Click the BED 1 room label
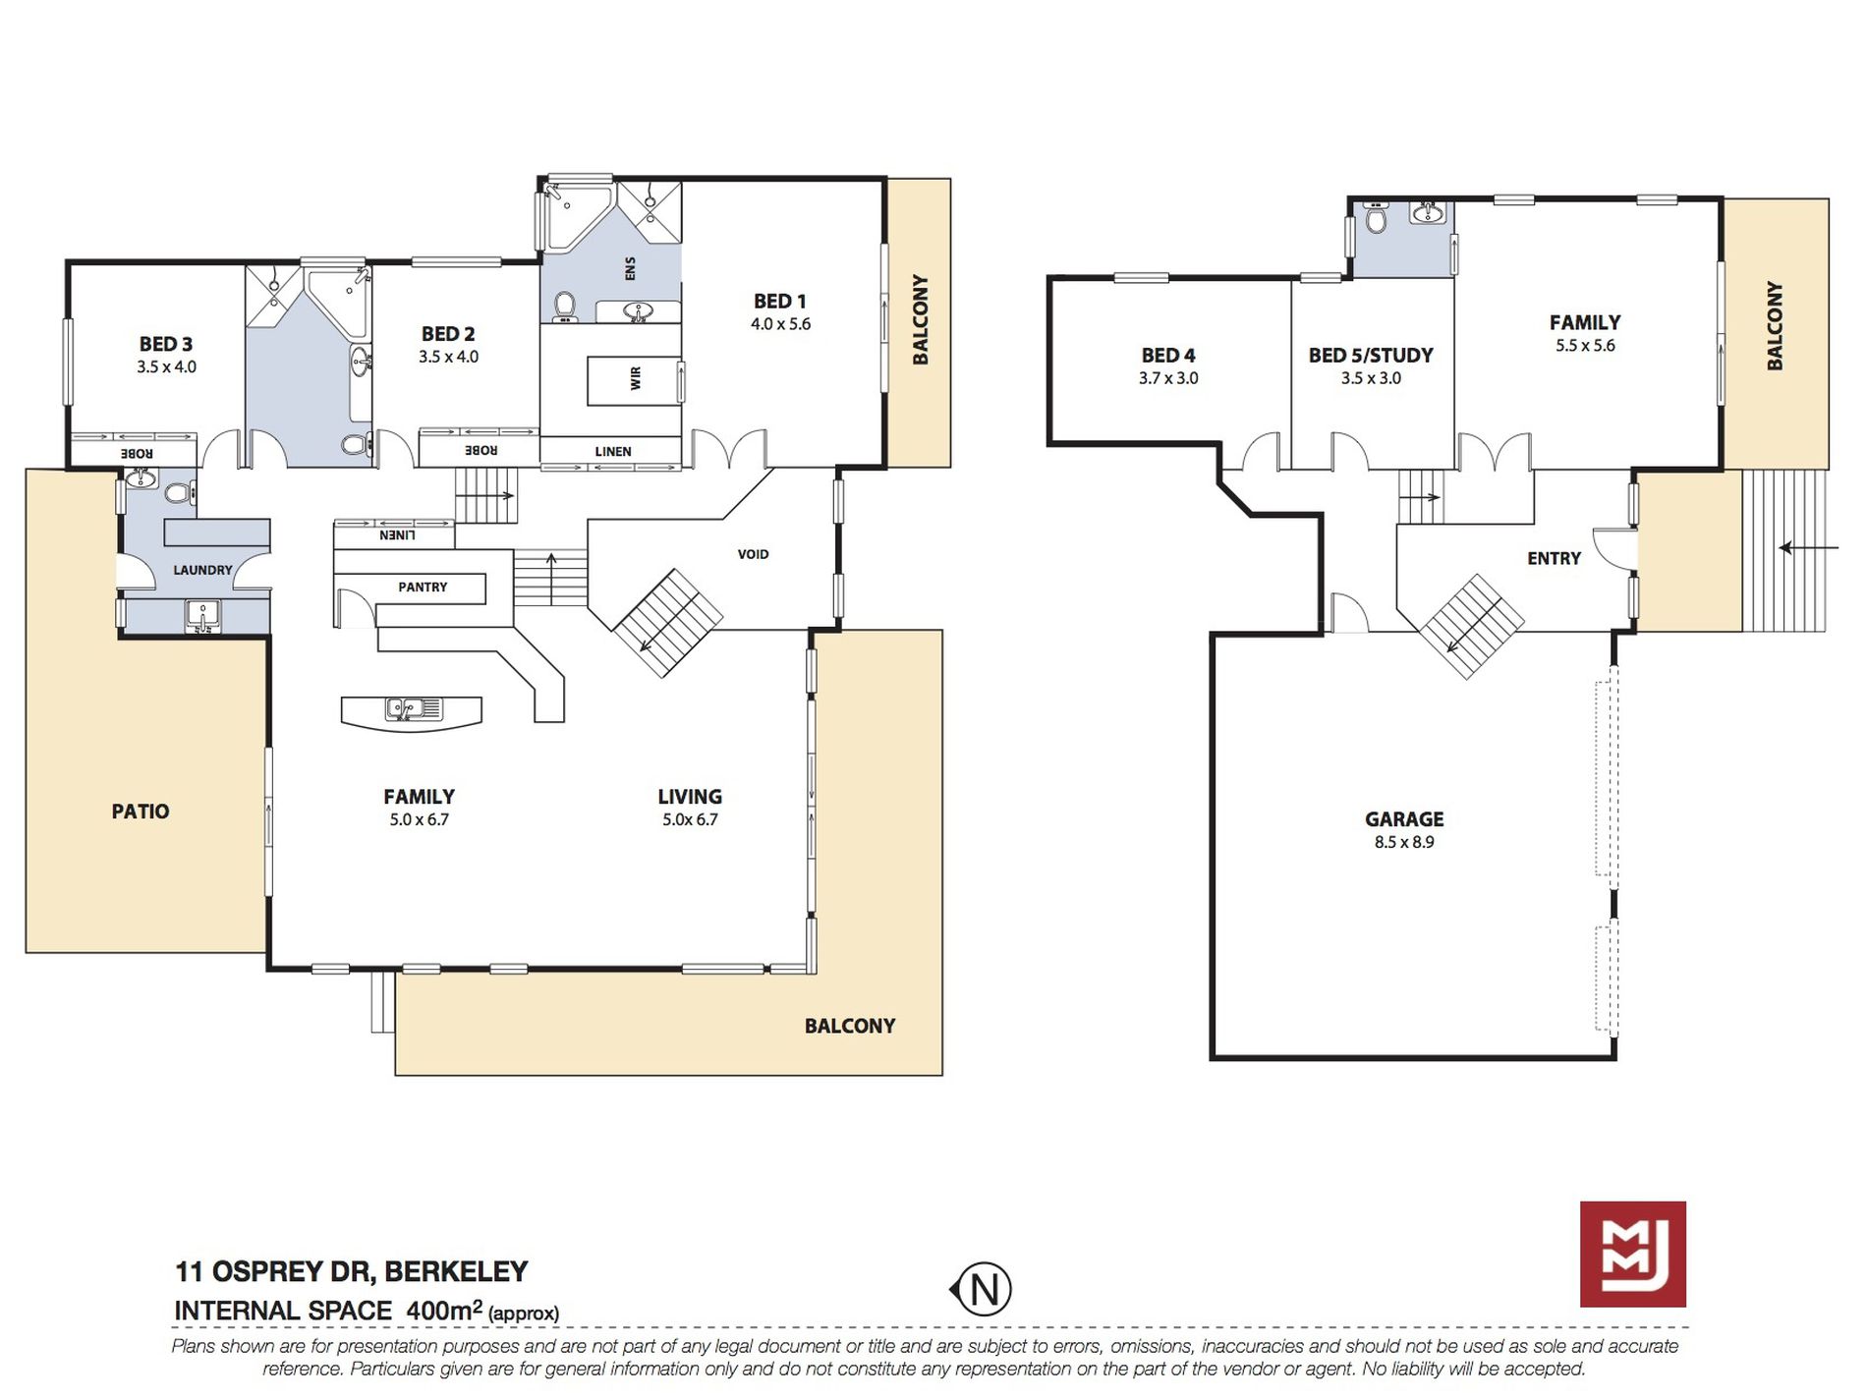[x=780, y=302]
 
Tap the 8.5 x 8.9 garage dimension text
[x=1404, y=842]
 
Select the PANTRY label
[x=423, y=587]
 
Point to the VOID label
[x=754, y=554]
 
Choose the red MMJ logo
[x=1633, y=1254]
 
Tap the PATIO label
[x=141, y=812]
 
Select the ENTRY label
[x=1555, y=558]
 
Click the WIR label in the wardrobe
[x=636, y=377]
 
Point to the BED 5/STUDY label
[x=1371, y=356]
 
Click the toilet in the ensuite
[x=564, y=307]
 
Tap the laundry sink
[x=203, y=616]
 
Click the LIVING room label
[x=690, y=797]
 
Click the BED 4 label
[x=1168, y=356]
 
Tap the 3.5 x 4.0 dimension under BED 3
[x=166, y=367]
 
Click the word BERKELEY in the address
[x=456, y=1271]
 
